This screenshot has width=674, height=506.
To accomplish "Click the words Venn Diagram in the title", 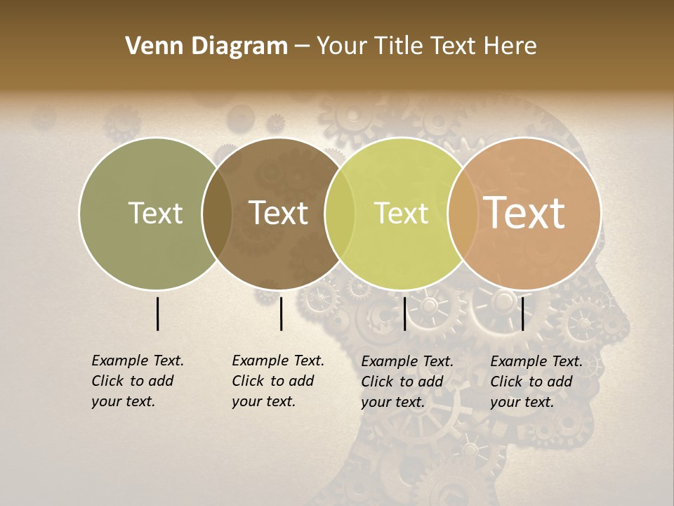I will [x=206, y=46].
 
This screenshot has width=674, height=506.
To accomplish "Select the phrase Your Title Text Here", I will [x=426, y=46].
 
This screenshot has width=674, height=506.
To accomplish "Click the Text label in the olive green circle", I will [x=155, y=213].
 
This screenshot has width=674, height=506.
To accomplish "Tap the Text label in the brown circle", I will [x=279, y=213].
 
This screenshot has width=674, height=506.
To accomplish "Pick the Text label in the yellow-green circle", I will [x=401, y=213].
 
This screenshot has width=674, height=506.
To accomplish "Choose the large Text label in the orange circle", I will [x=524, y=213].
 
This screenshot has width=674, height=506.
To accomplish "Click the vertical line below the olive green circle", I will [x=157, y=313].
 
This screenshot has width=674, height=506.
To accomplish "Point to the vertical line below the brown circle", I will [x=281, y=313].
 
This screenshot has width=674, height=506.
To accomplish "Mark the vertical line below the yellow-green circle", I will [x=404, y=313].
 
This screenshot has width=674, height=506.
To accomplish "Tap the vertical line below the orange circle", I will [x=522, y=313].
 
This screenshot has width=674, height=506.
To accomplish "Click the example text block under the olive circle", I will [x=138, y=381].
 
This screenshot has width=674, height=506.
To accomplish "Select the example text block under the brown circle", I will [x=278, y=381].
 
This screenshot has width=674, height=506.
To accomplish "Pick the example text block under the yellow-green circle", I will [x=407, y=382].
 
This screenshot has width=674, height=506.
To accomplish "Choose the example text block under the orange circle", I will [x=536, y=382].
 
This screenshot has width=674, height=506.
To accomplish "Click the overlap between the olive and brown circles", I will [x=217, y=213].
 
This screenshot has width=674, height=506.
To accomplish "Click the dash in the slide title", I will [x=302, y=47].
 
